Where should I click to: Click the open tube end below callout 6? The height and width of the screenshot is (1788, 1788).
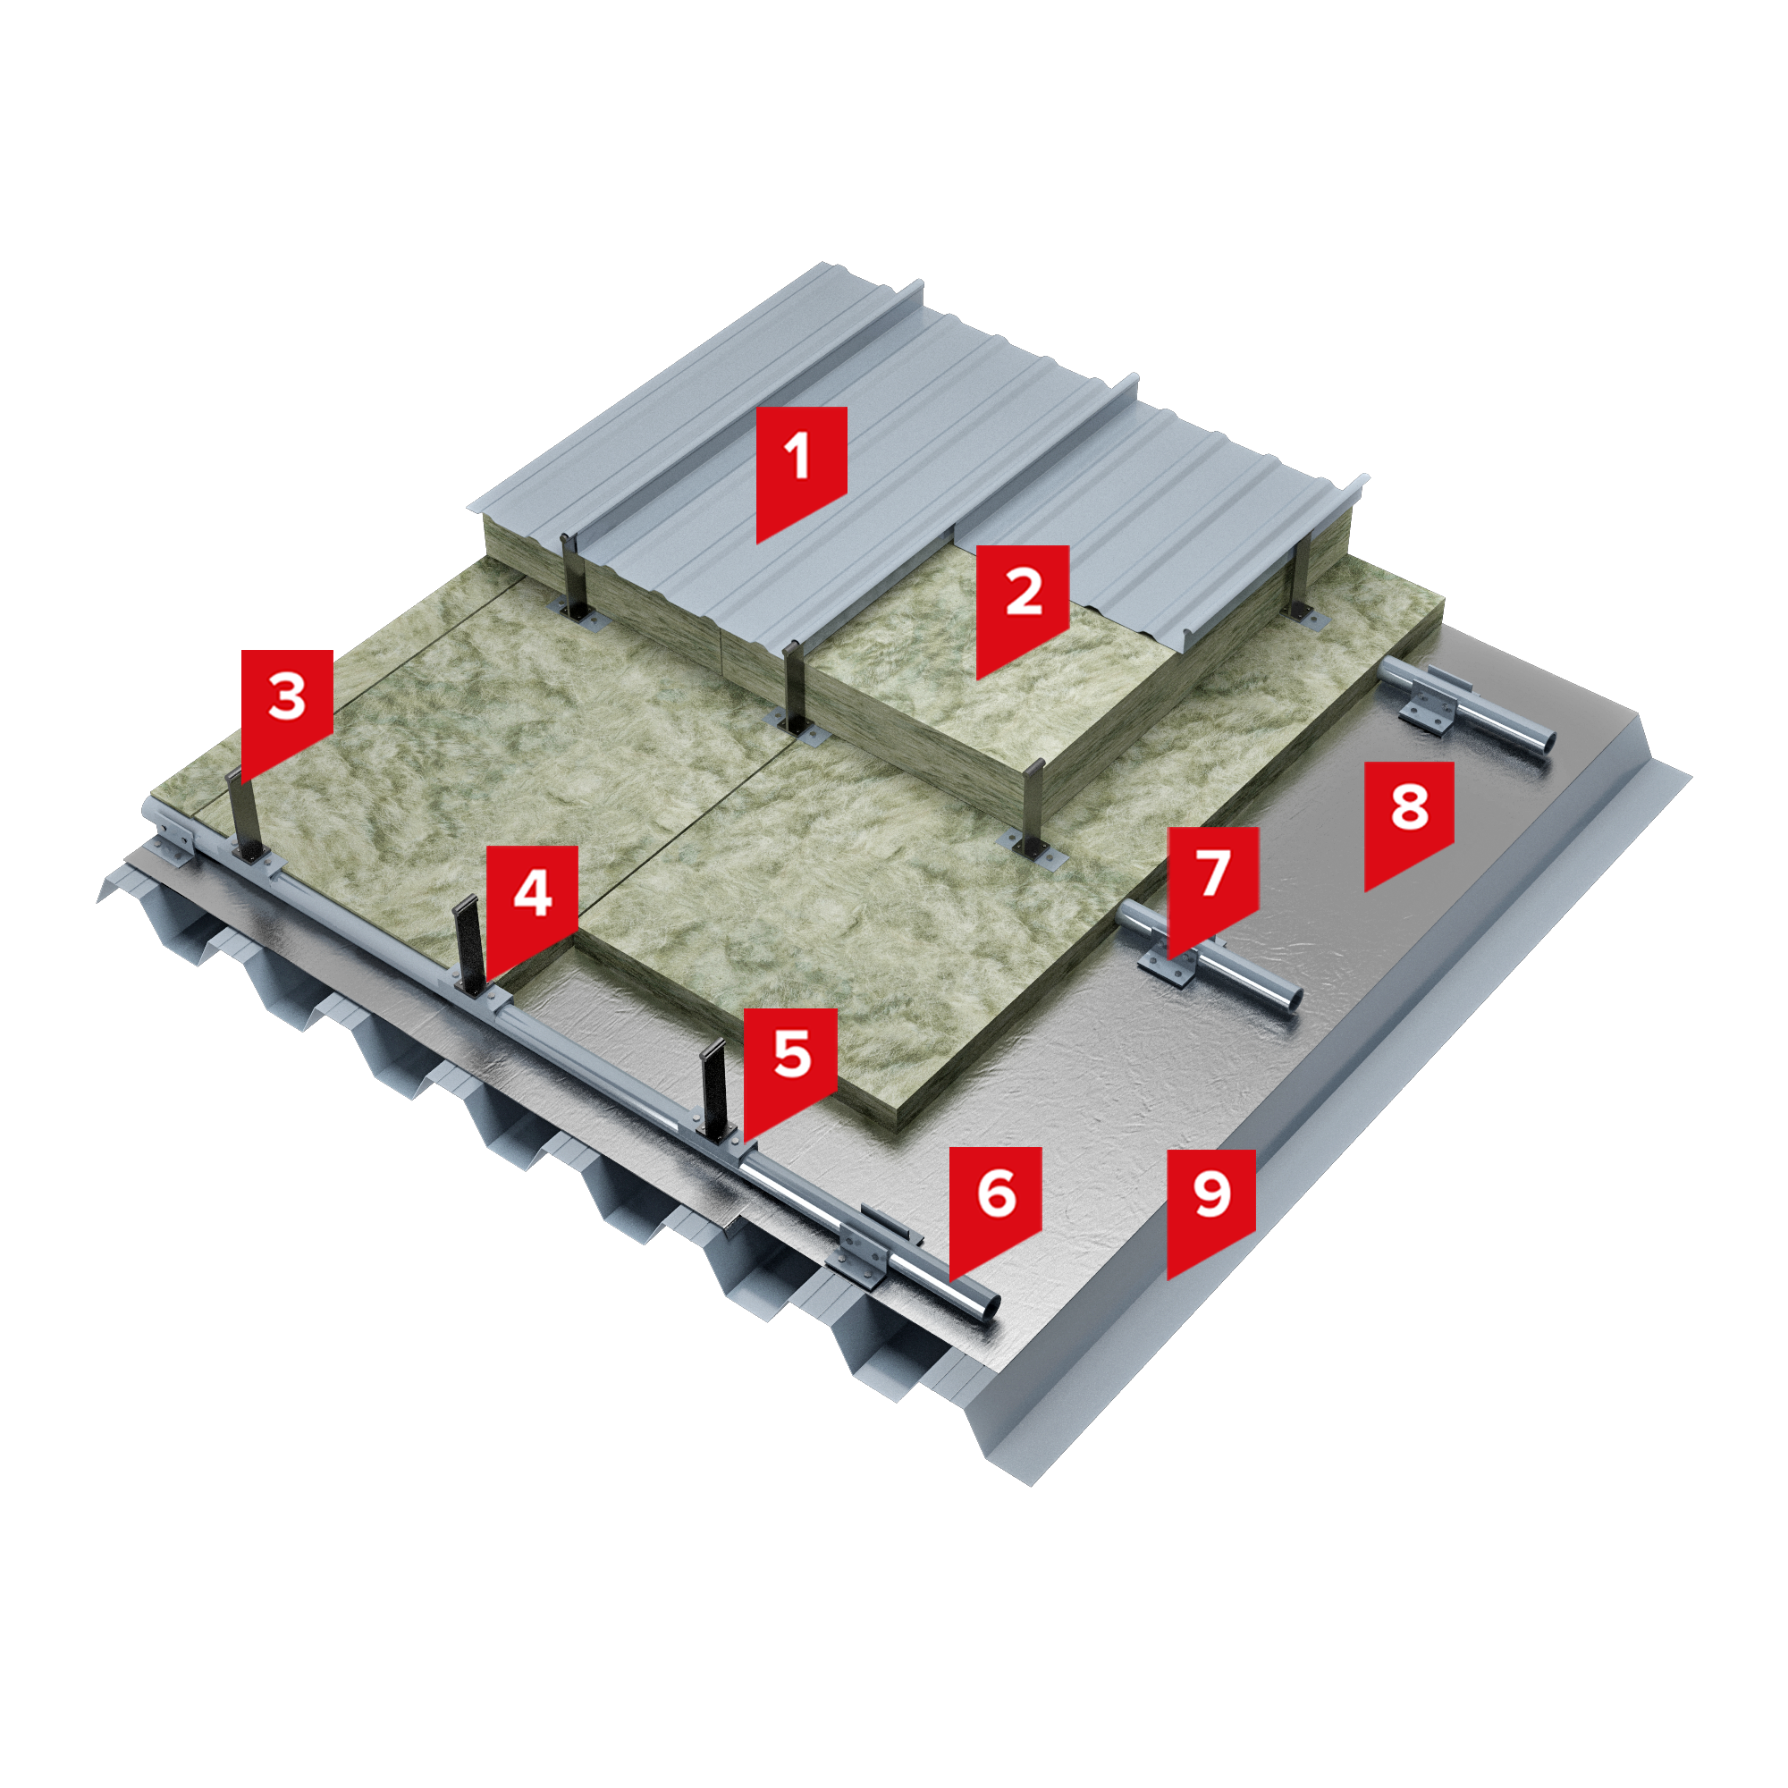tap(987, 1305)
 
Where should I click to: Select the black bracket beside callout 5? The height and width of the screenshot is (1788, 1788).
tap(713, 1090)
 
